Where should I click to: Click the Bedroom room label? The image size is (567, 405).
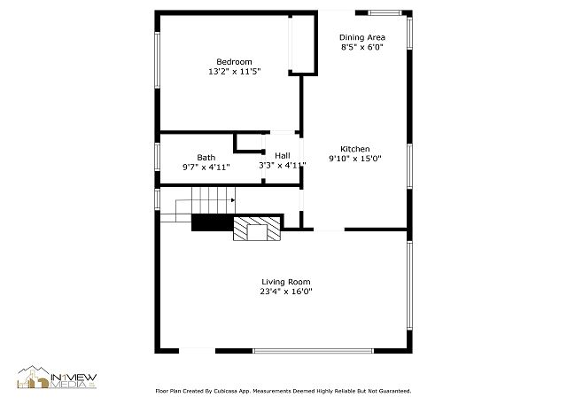(234, 62)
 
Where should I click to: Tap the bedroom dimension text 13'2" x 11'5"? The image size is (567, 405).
(234, 72)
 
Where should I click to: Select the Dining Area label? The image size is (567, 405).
(362, 37)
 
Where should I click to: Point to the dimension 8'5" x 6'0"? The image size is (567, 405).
(362, 47)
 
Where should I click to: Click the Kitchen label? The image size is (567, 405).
(355, 149)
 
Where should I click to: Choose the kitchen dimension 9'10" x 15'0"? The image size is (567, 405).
(355, 159)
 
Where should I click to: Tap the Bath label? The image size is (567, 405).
(206, 158)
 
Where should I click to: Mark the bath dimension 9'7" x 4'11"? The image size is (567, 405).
(206, 167)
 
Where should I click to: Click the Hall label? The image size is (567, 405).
(283, 156)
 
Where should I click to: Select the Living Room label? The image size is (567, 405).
(286, 282)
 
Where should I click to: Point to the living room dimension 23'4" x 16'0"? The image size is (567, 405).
(286, 292)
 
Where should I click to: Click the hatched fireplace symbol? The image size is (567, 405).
(257, 229)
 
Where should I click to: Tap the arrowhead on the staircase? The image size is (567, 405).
(233, 200)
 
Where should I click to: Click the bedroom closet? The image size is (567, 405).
(302, 43)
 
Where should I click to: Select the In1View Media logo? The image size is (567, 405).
(57, 378)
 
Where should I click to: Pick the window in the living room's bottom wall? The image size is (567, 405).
(313, 351)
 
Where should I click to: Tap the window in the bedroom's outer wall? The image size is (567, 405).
(158, 60)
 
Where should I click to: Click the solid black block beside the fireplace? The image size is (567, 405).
(213, 222)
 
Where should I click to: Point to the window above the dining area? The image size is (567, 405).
(384, 13)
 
